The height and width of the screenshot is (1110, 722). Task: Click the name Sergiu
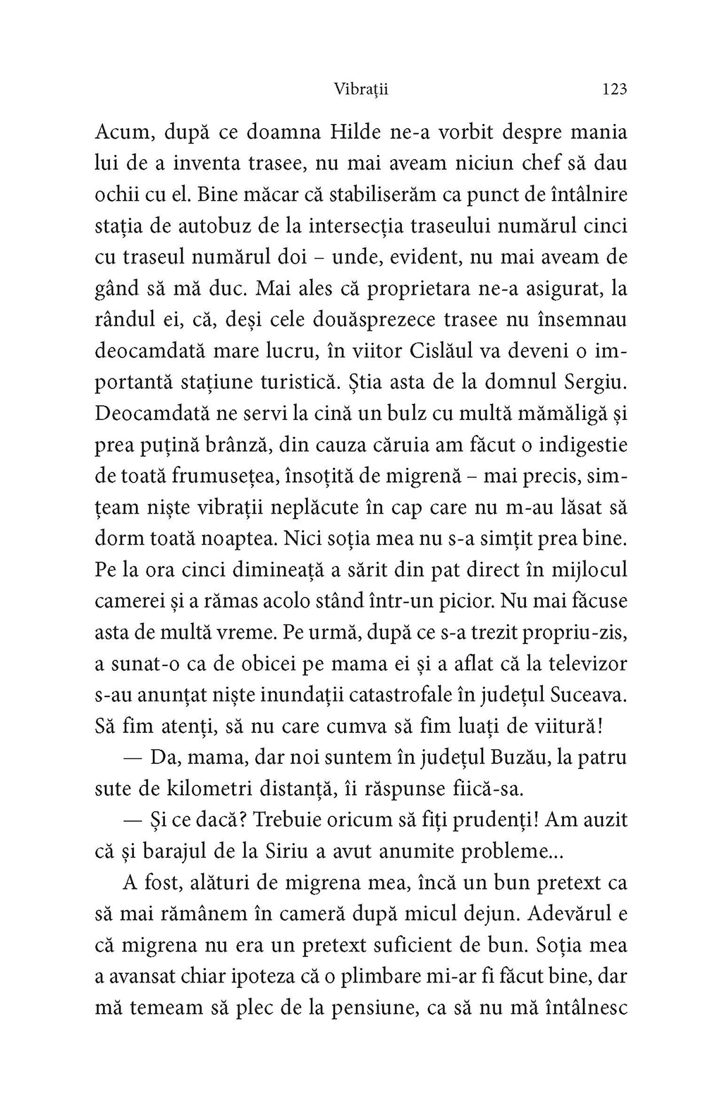click(596, 382)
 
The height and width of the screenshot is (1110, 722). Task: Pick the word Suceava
click(592, 695)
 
